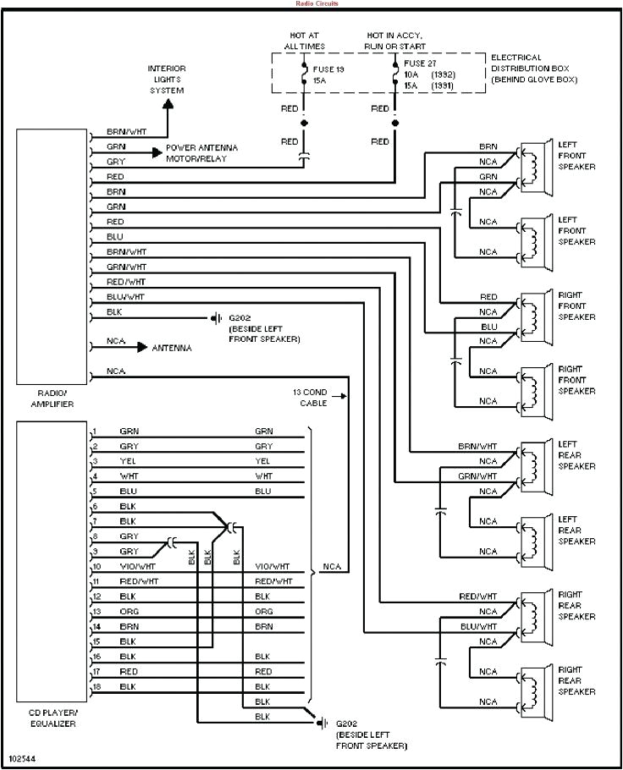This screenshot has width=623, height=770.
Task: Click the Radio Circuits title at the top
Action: [311, 3]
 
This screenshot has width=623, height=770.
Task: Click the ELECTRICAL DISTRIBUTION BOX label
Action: [533, 68]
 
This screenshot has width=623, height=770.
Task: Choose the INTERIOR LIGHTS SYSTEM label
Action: [167, 79]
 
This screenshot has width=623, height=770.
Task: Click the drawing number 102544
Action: [21, 758]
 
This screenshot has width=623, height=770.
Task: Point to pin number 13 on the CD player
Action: [97, 611]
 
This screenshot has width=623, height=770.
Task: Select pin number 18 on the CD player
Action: [97, 686]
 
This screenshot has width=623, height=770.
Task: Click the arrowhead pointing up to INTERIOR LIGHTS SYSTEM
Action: [168, 104]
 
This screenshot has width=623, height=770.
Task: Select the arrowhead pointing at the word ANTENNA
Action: [143, 348]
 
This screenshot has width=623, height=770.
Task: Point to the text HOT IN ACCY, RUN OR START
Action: [395, 41]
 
